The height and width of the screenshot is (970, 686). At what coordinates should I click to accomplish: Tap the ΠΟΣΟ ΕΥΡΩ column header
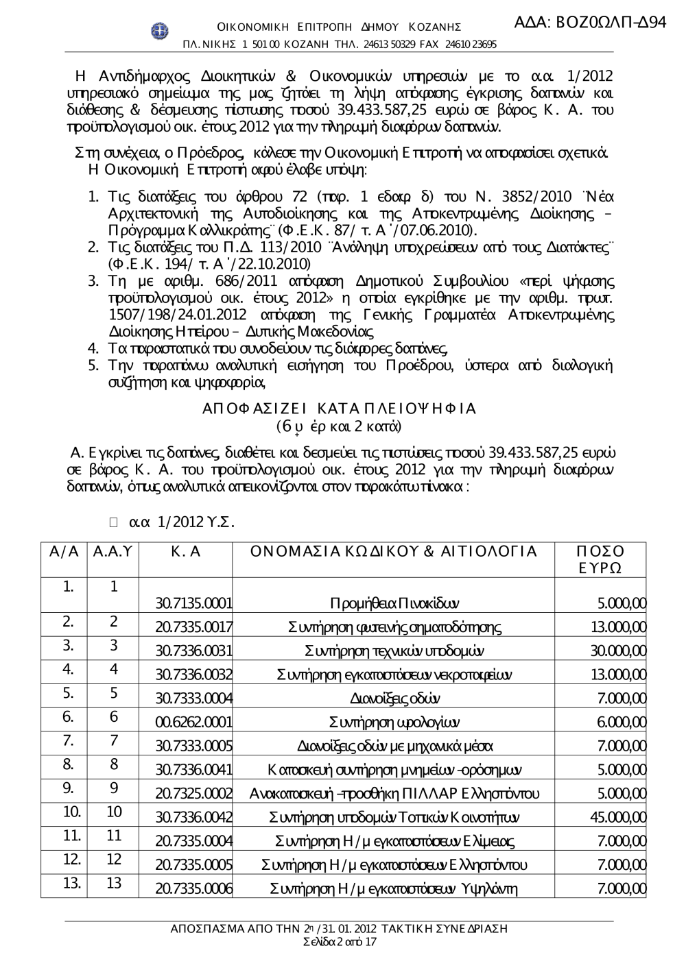pos(601,560)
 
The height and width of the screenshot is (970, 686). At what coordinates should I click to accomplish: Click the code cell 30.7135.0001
pos(193,604)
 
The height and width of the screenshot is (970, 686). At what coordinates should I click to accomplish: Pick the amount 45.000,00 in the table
pos(617,816)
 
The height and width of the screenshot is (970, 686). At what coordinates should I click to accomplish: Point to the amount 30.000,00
pos(617,649)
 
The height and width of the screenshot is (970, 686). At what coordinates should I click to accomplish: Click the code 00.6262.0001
pos(193,723)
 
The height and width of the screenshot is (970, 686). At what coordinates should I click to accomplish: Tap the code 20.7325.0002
pos(193,794)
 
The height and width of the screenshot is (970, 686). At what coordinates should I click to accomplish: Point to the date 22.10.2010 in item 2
pos(276,263)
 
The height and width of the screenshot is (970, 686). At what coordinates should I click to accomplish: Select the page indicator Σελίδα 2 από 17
pos(340,942)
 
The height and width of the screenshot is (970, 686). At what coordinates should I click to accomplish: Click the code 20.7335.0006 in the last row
pos(193,889)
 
